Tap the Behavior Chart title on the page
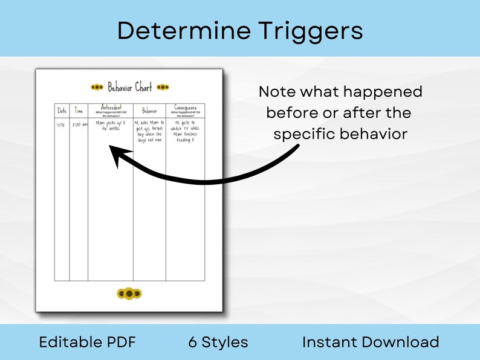129,88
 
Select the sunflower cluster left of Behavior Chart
97,88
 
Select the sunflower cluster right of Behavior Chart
163,88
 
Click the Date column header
62,111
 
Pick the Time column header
80,111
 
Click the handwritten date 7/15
62,125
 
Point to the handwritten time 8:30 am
80,125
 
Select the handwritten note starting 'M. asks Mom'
149,132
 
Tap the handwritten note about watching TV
185,132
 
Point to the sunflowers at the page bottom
129,294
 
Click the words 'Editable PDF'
87,342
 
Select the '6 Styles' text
218,342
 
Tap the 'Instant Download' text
371,342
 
